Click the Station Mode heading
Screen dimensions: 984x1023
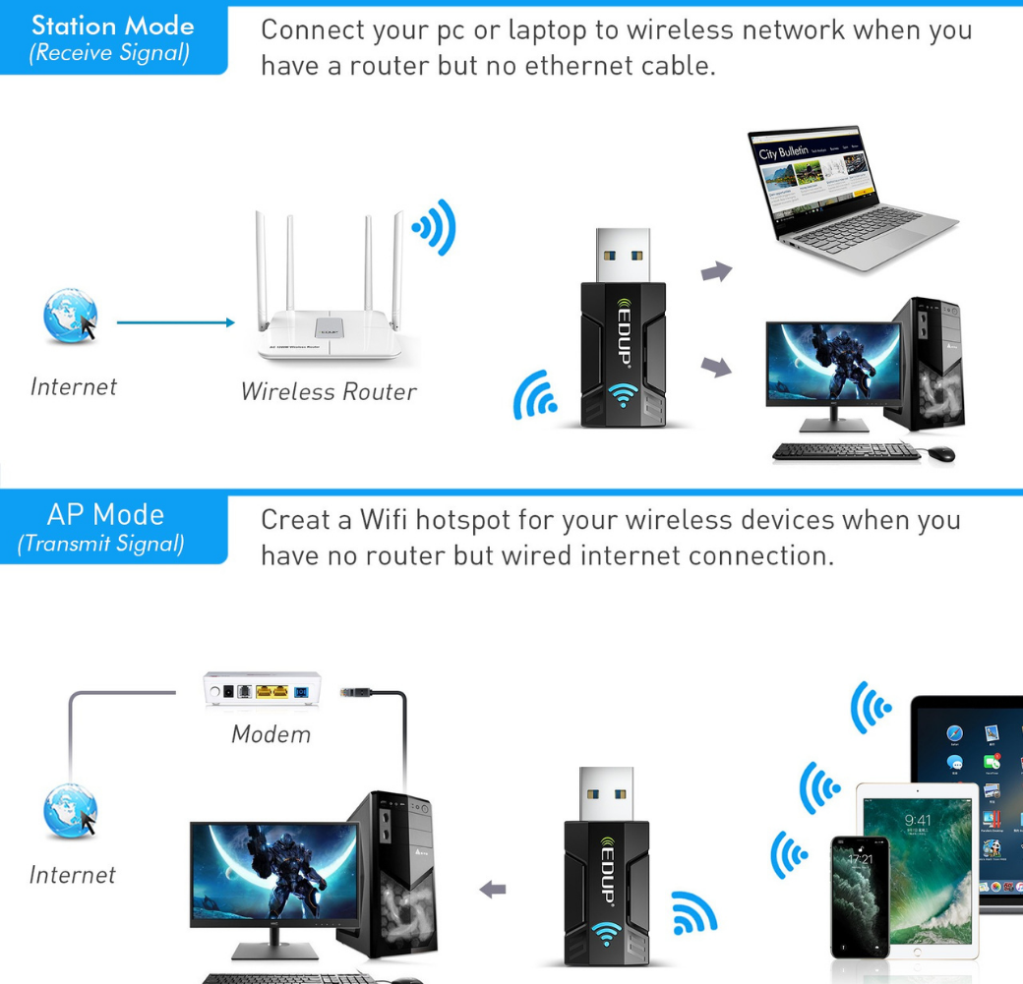coord(112,26)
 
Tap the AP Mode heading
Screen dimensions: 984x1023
coord(105,514)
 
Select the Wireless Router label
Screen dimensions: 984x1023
coord(329,391)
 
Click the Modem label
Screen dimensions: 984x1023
coord(271,734)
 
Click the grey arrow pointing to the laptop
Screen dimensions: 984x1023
coord(717,272)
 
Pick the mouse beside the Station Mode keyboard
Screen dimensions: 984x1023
coord(939,453)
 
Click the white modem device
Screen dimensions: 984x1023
coord(263,691)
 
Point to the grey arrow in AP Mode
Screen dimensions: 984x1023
coord(492,890)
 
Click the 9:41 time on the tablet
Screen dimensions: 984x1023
coord(917,821)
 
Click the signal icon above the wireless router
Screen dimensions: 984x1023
coord(436,228)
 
